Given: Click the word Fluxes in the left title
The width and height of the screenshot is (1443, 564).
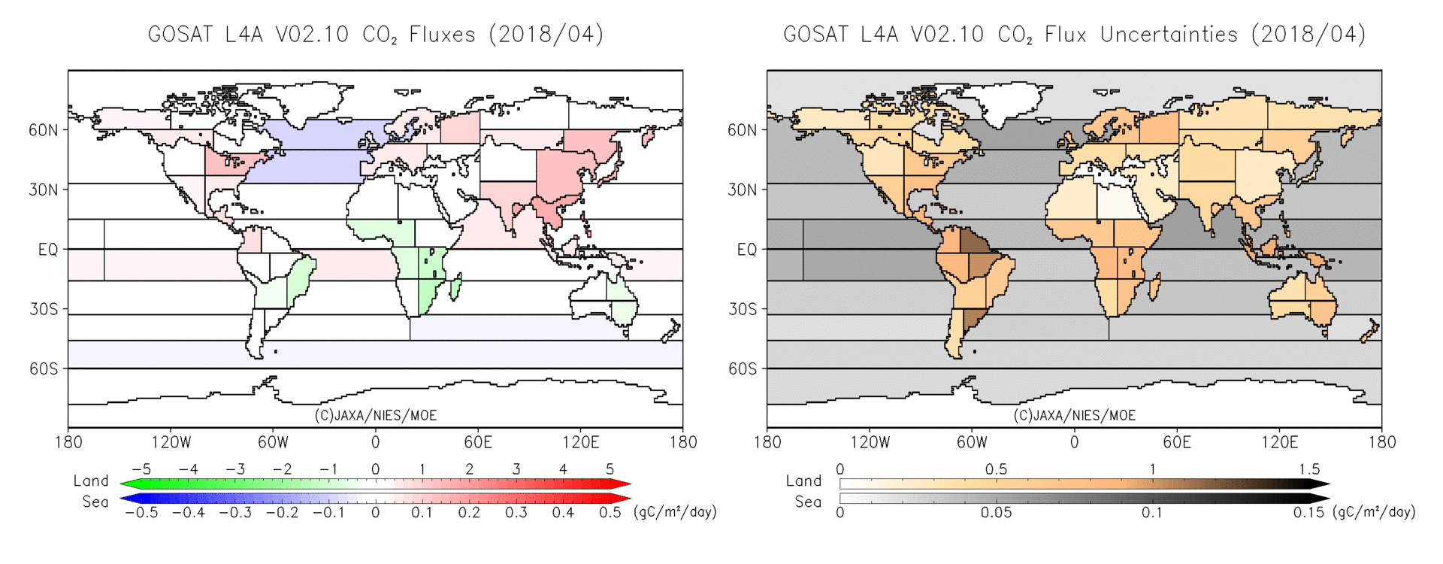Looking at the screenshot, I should [442, 35].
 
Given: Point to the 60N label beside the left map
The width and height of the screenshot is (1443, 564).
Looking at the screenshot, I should [43, 130].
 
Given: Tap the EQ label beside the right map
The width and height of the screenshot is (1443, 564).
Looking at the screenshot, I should [746, 250].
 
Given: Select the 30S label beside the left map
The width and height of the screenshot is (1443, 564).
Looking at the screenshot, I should [43, 309].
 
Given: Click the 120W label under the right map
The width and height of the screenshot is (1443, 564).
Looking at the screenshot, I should [870, 442].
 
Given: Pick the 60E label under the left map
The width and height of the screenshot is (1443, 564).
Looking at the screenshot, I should [478, 442].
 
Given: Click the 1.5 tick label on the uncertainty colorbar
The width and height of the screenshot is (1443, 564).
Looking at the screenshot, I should [1309, 469].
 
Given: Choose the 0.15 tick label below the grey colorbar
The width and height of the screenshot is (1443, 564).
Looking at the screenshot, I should [1308, 513].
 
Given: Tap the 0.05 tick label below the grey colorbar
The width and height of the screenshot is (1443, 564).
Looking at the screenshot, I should [996, 513].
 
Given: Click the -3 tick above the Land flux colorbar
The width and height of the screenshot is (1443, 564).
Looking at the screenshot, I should [235, 469].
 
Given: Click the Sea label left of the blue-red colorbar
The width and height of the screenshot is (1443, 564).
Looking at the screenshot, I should [95, 502].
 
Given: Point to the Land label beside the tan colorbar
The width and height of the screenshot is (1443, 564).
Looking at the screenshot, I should [803, 481].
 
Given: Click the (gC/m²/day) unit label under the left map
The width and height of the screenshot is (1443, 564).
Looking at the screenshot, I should [675, 512].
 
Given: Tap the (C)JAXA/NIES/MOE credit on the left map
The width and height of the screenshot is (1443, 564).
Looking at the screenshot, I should [375, 415].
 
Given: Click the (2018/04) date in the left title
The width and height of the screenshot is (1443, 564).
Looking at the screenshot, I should [546, 35].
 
